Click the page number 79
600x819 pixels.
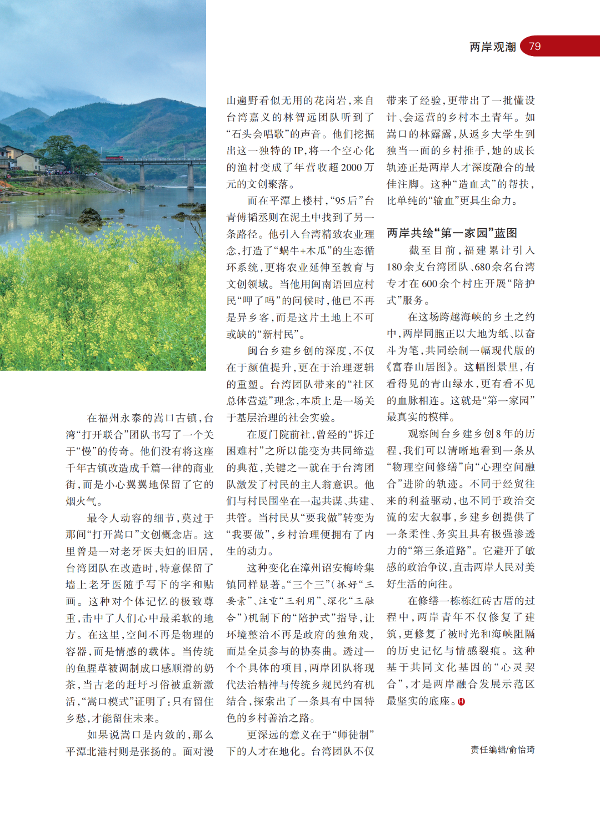(535, 47)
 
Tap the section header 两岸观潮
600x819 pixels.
(493, 47)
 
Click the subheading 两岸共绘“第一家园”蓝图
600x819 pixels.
(452, 233)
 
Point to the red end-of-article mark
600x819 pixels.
(461, 702)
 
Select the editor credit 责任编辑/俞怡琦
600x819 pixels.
(502, 750)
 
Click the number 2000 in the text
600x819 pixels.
(348, 168)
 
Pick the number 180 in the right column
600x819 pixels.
(395, 267)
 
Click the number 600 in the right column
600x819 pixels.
(429, 284)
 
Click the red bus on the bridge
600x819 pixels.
(114, 158)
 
